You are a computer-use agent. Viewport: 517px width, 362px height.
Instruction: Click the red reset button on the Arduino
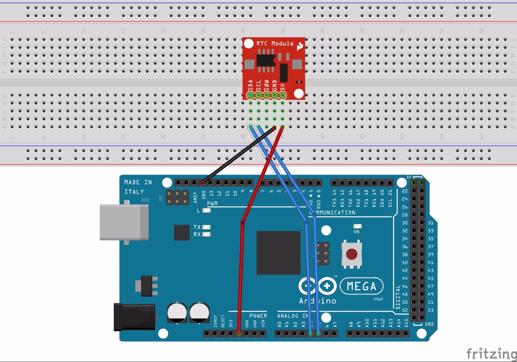pyautogui.click(x=351, y=254)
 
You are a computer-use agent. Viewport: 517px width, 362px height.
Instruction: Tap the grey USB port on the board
pyautogui.click(x=124, y=222)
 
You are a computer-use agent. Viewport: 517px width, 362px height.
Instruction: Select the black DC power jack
pyautogui.click(x=134, y=317)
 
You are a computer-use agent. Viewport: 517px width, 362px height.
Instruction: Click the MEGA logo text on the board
pyautogui.click(x=361, y=286)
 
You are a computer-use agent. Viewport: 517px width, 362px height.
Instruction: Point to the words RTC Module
pyautogui.click(x=275, y=44)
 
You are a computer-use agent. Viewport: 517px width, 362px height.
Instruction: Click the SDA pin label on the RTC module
pyautogui.click(x=250, y=85)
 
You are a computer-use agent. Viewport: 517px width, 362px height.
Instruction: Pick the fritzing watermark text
pyautogui.click(x=491, y=354)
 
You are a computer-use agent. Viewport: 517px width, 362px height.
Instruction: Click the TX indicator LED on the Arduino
pyautogui.click(x=206, y=227)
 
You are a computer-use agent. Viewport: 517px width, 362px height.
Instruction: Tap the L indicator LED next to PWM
pyautogui.click(x=207, y=210)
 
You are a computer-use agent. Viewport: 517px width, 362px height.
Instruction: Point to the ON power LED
pyautogui.click(x=357, y=227)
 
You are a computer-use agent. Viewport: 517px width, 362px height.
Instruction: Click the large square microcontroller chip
pyautogui.click(x=278, y=253)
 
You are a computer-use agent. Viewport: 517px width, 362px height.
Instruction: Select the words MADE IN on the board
pyautogui.click(x=138, y=182)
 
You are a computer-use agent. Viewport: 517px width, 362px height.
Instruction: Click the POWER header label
pyautogui.click(x=258, y=316)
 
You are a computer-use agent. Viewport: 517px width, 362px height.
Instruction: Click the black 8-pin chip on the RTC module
pyautogui.click(x=266, y=60)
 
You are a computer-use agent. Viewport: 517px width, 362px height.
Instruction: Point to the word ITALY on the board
pyautogui.click(x=134, y=192)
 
